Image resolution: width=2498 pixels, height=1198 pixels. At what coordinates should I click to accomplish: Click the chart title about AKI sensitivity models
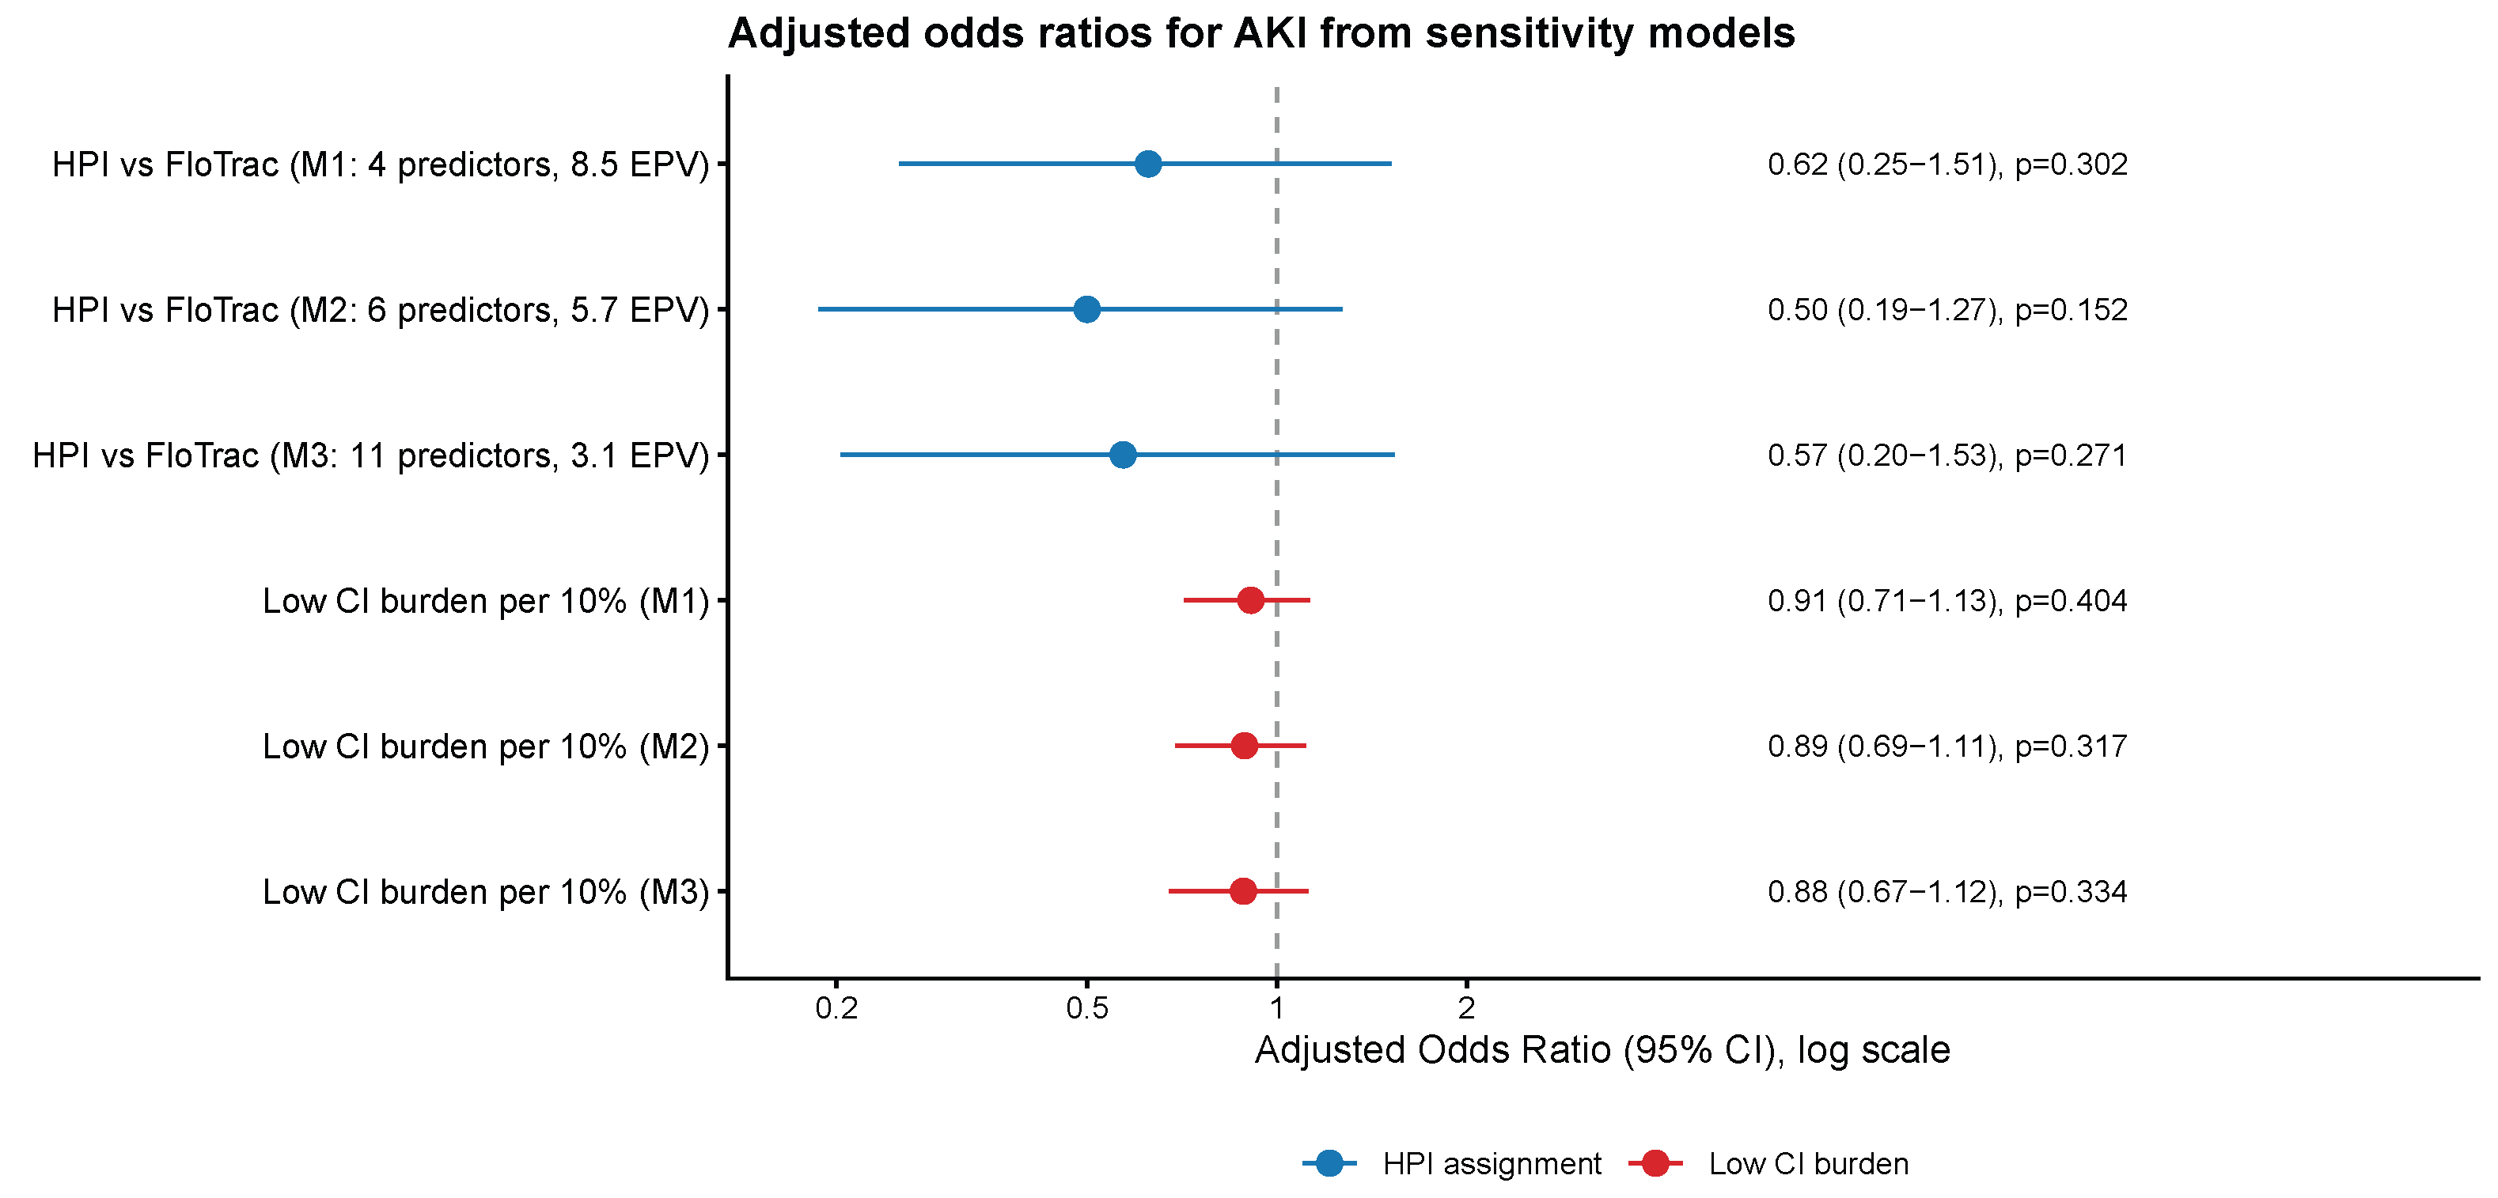[x=1260, y=33]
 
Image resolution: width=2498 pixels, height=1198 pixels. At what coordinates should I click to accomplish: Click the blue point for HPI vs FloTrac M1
[x=1147, y=164]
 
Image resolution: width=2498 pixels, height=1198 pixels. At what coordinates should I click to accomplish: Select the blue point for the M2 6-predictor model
[x=1087, y=309]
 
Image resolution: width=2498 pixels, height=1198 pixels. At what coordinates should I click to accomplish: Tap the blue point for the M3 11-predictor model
[x=1123, y=455]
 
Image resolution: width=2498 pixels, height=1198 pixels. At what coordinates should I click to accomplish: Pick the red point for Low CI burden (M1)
[x=1251, y=600]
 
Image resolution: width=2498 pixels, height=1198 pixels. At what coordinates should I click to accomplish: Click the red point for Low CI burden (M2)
[x=1244, y=746]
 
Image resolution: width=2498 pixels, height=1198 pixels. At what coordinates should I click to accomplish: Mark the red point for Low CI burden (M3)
[x=1243, y=890]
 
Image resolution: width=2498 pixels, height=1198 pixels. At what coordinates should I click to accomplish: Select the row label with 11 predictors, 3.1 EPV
[x=371, y=455]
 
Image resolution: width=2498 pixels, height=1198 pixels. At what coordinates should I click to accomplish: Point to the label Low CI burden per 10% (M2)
[x=486, y=746]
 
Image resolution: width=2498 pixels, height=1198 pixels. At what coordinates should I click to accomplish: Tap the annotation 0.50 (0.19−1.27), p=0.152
[x=1947, y=310]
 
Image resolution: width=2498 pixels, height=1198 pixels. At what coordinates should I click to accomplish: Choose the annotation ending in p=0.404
[x=1947, y=601]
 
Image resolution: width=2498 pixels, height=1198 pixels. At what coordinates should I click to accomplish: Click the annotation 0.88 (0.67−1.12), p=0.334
[x=1947, y=892]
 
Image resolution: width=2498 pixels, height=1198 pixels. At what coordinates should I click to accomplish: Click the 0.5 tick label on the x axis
[x=1087, y=1009]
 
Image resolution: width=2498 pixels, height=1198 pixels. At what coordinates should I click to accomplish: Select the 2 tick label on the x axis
[x=1466, y=1009]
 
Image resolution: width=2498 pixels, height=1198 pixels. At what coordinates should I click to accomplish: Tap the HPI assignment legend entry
[x=1452, y=1163]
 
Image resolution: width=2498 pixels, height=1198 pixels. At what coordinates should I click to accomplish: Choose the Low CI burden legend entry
[x=1768, y=1163]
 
